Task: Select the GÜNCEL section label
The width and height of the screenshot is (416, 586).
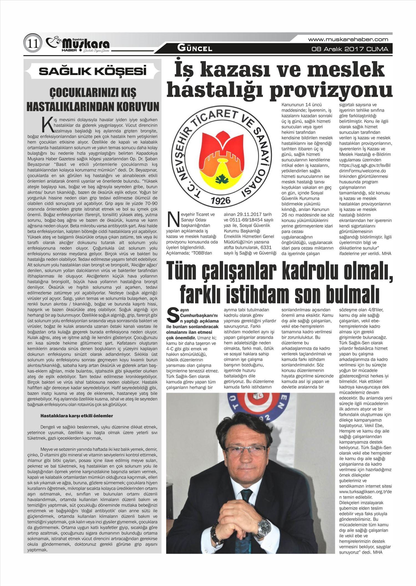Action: [195, 48]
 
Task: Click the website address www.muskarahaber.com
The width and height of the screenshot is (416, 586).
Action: [348, 39]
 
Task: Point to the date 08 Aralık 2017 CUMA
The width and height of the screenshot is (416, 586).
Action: [350, 49]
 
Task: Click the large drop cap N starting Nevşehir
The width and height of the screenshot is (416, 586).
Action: [172, 219]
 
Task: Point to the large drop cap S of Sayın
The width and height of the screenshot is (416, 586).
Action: [172, 314]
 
